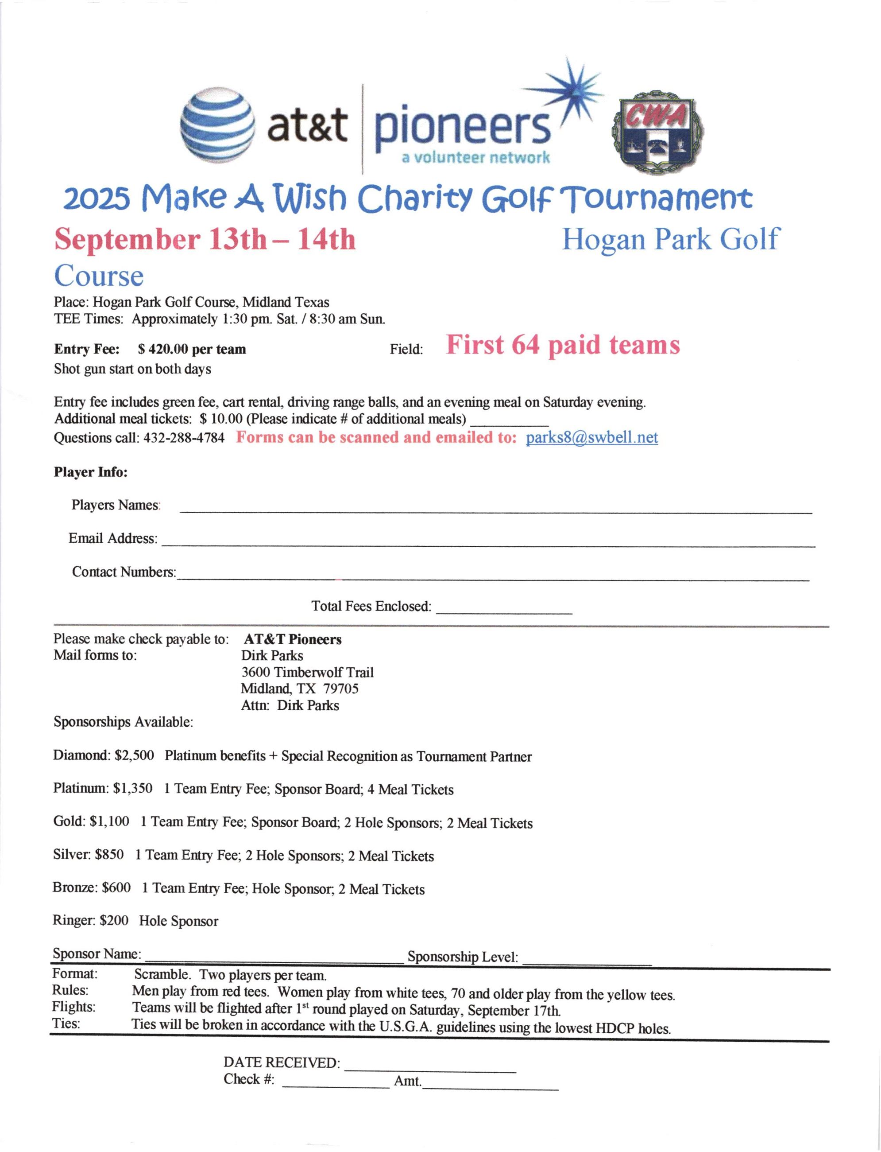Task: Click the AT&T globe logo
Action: [218, 126]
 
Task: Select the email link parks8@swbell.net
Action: [591, 438]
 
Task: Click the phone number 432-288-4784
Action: [184, 438]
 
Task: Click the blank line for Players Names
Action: [495, 510]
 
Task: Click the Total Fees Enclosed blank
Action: [503, 611]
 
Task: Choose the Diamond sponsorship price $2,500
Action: [134, 756]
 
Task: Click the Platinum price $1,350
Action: [133, 788]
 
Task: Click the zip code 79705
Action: [341, 689]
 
